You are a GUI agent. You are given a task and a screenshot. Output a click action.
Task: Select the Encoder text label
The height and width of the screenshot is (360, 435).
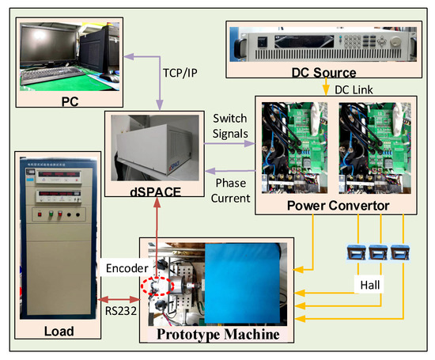coord(126,268)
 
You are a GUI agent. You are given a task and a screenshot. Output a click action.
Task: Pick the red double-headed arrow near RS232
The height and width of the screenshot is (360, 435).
coord(119,299)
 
